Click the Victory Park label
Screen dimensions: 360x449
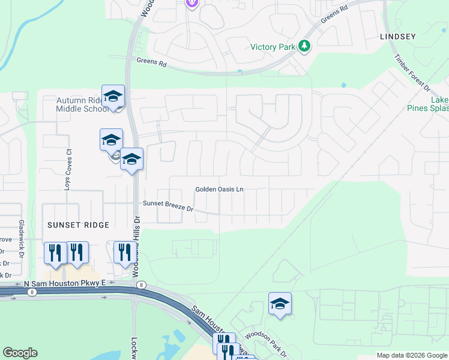(x=274, y=46)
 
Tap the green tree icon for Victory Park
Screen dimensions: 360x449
(x=305, y=46)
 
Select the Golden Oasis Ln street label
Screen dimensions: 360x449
(x=219, y=190)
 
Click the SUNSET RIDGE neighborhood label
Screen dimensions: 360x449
(x=79, y=225)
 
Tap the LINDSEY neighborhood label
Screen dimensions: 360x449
(x=397, y=37)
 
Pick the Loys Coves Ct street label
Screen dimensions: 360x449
(x=68, y=171)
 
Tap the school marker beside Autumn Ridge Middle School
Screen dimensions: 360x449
(x=113, y=97)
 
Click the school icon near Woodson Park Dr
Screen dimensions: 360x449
(x=280, y=304)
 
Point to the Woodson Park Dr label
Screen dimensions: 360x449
(x=265, y=345)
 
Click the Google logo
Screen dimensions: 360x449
(x=20, y=353)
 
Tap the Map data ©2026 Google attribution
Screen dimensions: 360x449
(x=411, y=355)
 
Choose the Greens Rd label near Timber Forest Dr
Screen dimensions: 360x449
(x=334, y=14)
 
